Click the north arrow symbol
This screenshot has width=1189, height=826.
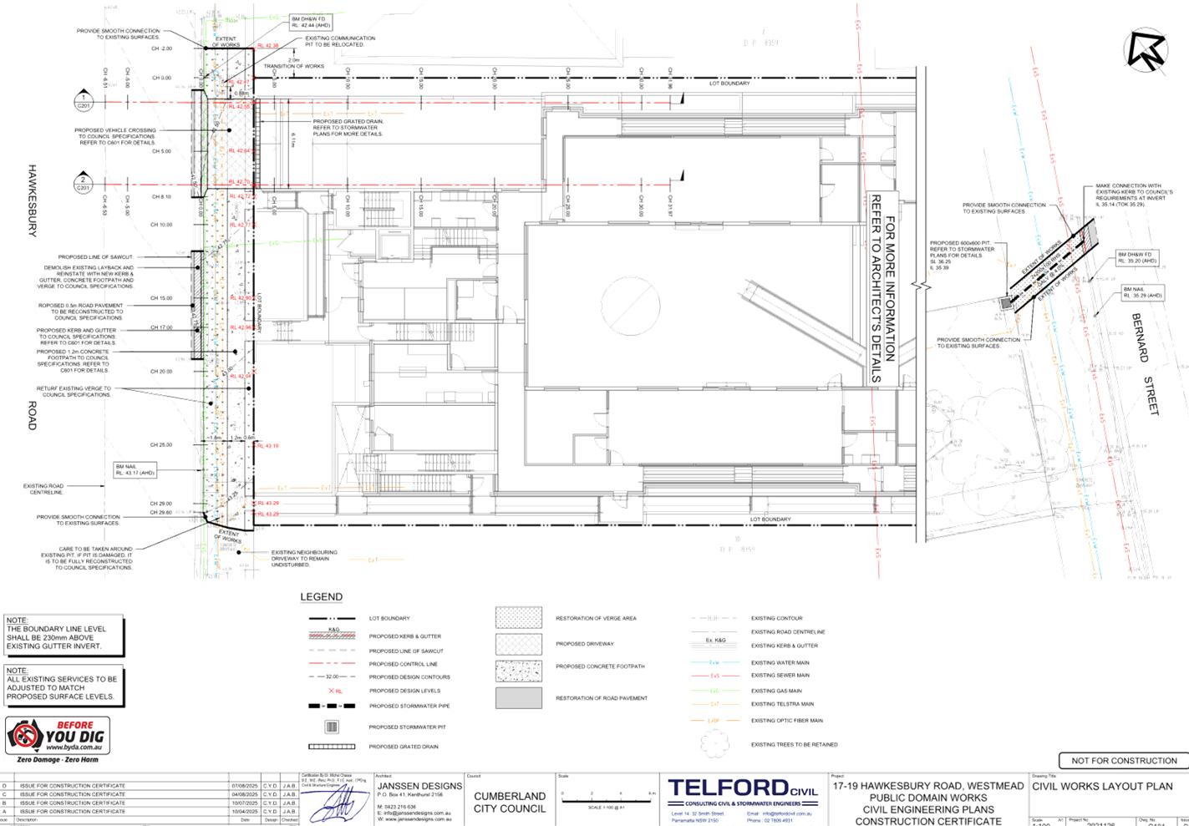click(x=1145, y=50)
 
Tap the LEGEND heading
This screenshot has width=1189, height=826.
click(x=322, y=597)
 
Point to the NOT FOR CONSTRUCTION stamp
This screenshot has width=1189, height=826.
click(x=1122, y=760)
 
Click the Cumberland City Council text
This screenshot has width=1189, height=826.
click(x=510, y=802)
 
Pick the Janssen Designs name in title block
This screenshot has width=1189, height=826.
click(x=419, y=787)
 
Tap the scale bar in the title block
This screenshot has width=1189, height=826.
click(x=607, y=798)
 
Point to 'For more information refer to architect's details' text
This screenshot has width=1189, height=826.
click(x=882, y=288)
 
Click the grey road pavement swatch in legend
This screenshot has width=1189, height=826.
click(x=518, y=697)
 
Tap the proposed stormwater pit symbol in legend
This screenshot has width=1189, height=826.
click(x=331, y=727)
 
